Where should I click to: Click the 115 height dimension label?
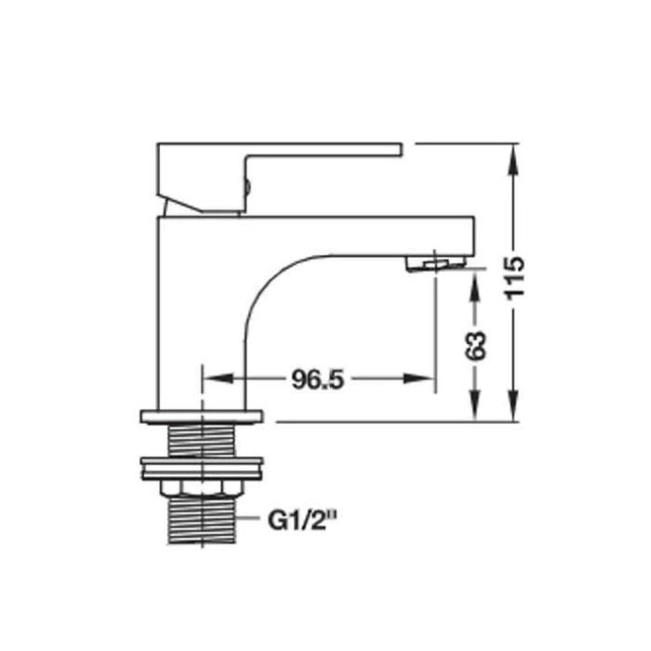pos(514,278)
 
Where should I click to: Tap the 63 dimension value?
pos(475,346)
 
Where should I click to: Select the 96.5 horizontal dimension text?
pos(318,379)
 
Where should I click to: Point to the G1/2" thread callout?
pos(302,521)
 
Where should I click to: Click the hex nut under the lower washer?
pos(202,488)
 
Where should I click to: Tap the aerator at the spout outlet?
pos(436,263)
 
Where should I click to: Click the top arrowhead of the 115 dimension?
pos(514,159)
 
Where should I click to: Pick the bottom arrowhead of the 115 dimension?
pos(514,406)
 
